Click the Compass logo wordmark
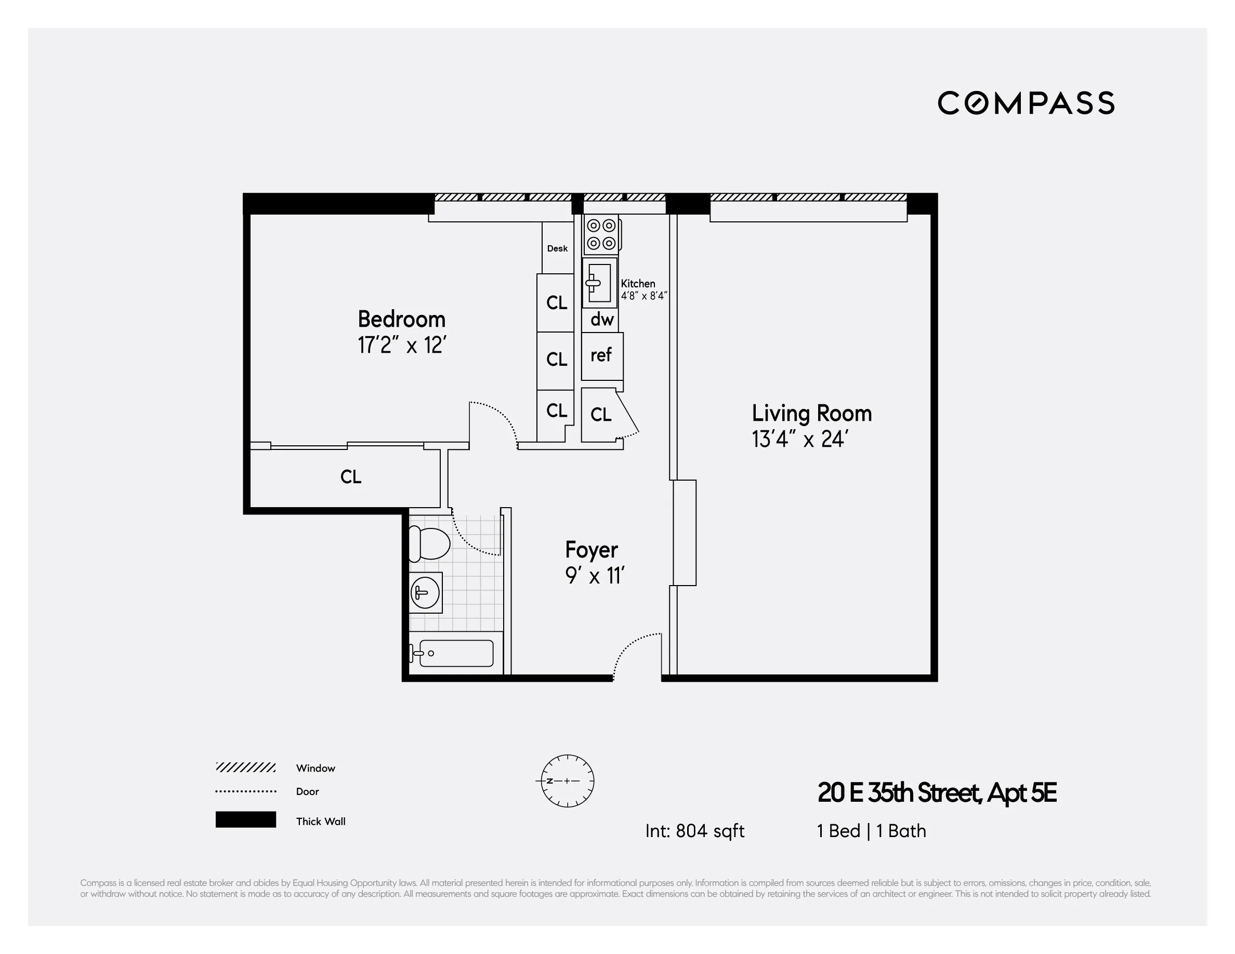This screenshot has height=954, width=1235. point(1026,103)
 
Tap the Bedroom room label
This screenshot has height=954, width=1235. point(401,320)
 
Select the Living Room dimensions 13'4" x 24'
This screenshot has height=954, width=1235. point(799,439)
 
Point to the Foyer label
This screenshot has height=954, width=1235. point(592,550)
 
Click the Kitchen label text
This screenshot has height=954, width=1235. point(638,284)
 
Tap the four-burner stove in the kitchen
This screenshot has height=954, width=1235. point(601,234)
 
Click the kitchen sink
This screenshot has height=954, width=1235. point(599,283)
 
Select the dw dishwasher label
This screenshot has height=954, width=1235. point(602,320)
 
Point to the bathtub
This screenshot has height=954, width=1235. point(456,653)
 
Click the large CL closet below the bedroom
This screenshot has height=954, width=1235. point(351,477)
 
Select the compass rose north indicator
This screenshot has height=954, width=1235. point(567,780)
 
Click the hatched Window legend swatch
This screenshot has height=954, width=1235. point(245,767)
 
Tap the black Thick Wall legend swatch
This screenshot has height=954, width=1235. point(245,819)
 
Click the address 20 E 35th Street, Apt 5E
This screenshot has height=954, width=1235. point(937,792)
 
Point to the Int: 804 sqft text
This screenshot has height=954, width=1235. point(694,831)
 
